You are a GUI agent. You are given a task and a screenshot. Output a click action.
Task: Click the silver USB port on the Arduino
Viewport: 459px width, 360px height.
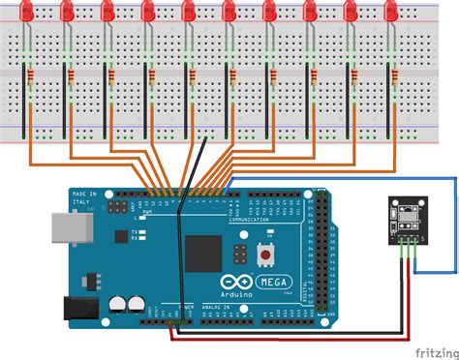pyautogui.click(x=67, y=230)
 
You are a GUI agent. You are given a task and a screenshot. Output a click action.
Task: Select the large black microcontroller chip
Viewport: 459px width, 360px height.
pyautogui.click(x=204, y=253)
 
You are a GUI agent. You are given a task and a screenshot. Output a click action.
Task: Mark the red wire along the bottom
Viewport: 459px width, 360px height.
pyautogui.click(x=291, y=338)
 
